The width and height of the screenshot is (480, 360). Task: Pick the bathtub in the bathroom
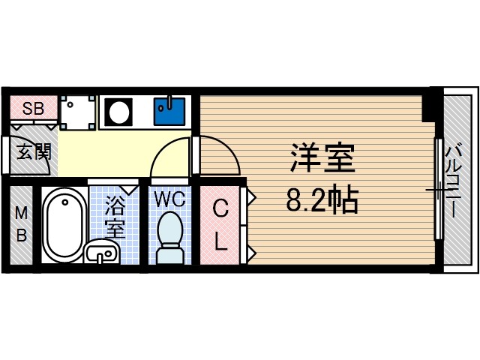click(64, 223)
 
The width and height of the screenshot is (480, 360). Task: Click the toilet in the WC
click(169, 238)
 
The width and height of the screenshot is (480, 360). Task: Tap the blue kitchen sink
click(169, 111)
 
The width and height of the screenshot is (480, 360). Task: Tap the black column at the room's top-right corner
click(430, 105)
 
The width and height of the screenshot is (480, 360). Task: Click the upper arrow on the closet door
click(252, 199)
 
